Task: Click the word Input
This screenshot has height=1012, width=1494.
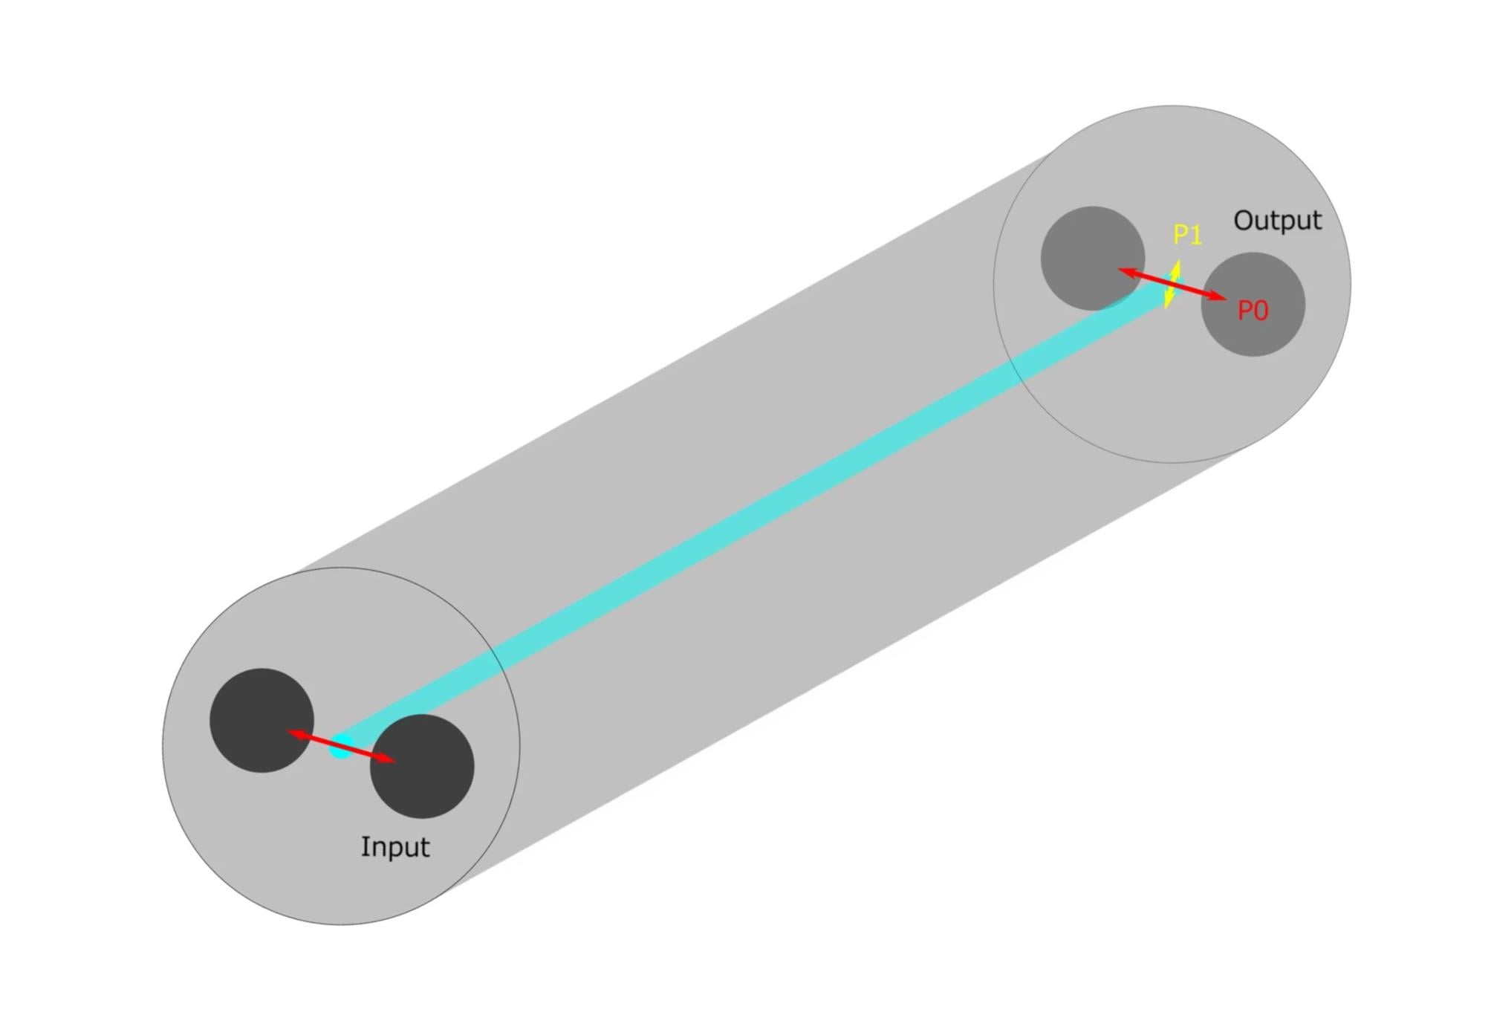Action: pyautogui.click(x=394, y=848)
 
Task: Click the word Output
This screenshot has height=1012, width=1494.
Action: pyautogui.click(x=1277, y=221)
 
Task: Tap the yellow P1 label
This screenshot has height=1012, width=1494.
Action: pyautogui.click(x=1187, y=235)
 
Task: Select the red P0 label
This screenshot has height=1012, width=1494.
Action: pyautogui.click(x=1253, y=311)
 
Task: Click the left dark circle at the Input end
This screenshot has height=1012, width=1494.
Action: pyautogui.click(x=262, y=720)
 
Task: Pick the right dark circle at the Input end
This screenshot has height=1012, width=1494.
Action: pyautogui.click(x=422, y=766)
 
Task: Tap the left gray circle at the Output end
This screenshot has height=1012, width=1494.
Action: pyautogui.click(x=1093, y=258)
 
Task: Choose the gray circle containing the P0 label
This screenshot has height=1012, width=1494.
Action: pyautogui.click(x=1253, y=304)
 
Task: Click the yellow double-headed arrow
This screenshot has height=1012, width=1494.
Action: pyautogui.click(x=1172, y=284)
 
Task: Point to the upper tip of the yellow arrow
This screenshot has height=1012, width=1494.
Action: pyautogui.click(x=1178, y=259)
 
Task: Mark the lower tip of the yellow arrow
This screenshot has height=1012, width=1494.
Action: pyautogui.click(x=1166, y=308)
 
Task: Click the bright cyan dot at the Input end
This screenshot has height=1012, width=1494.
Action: pyautogui.click(x=341, y=747)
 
